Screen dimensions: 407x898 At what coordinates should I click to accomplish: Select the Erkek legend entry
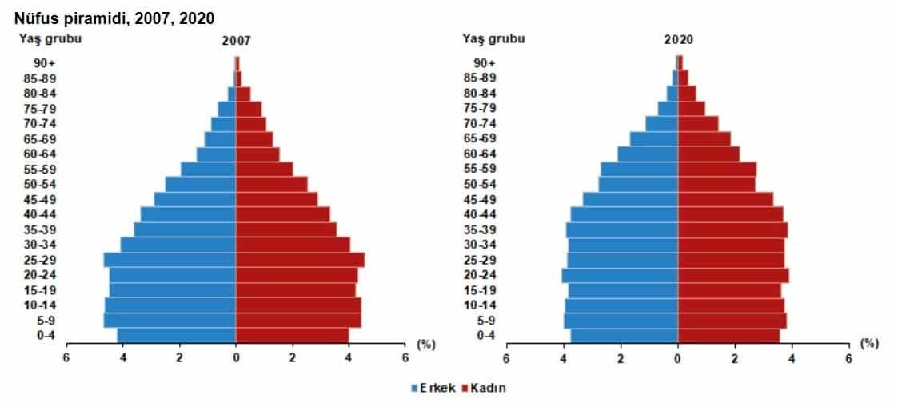coord(434,388)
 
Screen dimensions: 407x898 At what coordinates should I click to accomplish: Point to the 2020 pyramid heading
coord(678,40)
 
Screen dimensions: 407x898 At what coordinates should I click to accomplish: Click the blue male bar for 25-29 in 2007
coord(170,260)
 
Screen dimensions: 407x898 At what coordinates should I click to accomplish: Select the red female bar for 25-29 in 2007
coord(300,260)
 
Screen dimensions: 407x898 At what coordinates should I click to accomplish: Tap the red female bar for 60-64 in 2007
coord(257,154)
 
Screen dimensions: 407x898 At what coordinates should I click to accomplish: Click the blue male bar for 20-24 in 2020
coord(620,275)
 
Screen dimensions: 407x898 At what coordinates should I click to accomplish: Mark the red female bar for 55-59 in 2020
coord(717,169)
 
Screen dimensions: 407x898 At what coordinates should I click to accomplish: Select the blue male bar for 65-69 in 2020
coord(654,139)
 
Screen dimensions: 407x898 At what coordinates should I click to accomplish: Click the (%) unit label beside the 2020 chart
coord(869,344)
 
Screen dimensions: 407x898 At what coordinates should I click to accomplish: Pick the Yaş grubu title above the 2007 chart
coord(50,38)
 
